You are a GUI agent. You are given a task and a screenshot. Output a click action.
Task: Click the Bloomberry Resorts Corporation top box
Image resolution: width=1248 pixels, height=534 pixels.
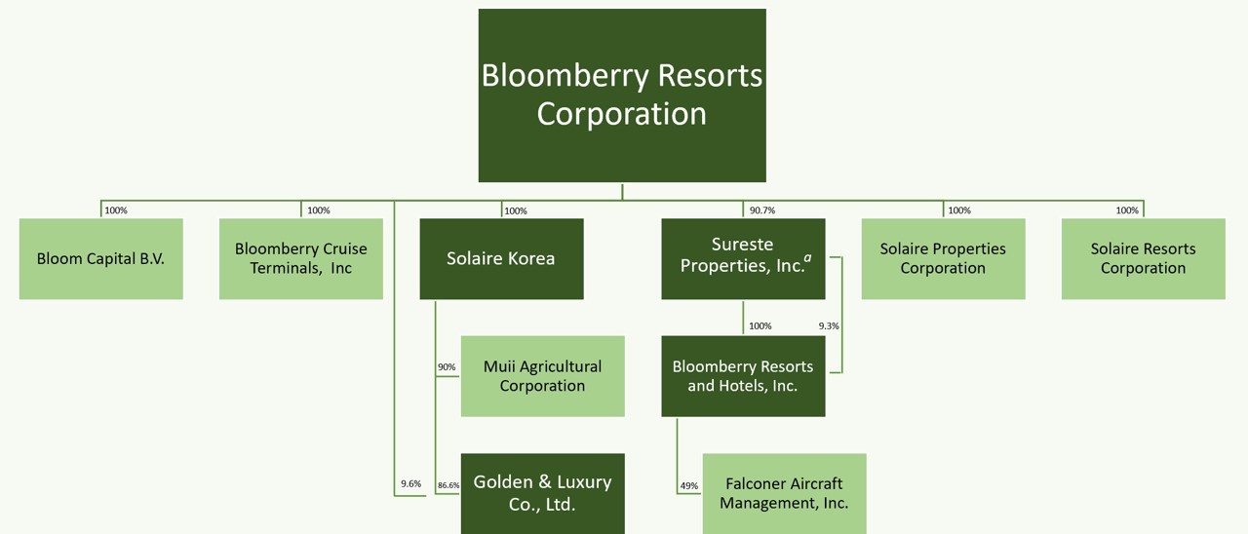[x=622, y=95]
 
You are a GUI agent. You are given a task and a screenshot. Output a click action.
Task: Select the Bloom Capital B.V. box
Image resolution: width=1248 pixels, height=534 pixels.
[x=100, y=258]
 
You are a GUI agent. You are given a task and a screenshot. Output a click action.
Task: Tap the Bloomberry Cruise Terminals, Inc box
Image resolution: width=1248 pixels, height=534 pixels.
[x=300, y=258]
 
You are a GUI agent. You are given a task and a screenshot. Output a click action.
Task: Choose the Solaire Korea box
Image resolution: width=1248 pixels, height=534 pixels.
[x=501, y=258]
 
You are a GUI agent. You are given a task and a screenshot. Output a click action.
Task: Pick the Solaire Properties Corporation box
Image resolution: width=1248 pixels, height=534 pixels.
[x=943, y=258]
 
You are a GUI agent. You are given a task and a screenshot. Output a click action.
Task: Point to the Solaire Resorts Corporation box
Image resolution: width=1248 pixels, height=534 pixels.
[x=1143, y=258]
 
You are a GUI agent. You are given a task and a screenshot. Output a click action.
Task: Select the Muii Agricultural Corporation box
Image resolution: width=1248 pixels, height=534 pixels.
[x=542, y=376]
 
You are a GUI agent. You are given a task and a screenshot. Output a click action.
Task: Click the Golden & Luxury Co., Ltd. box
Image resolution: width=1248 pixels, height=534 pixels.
[x=542, y=493]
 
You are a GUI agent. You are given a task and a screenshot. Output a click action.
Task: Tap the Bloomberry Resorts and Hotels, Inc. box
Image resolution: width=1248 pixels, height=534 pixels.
[x=743, y=376]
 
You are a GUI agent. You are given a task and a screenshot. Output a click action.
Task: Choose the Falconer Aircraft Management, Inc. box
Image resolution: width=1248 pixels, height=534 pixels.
[x=784, y=493]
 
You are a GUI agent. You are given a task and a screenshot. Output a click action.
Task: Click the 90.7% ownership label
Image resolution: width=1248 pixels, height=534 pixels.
[x=762, y=210]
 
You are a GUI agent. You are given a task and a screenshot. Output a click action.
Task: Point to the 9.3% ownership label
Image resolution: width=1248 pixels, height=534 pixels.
[x=829, y=325]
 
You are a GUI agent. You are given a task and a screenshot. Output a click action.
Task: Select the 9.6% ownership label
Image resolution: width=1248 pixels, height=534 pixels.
[x=410, y=483]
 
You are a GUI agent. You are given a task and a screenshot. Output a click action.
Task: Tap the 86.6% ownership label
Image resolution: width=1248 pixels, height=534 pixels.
[x=448, y=484]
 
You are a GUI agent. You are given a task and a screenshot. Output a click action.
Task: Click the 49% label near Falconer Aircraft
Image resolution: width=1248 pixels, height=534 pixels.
[x=689, y=485]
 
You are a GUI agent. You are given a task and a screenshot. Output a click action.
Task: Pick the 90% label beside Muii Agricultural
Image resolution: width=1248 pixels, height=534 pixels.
[x=447, y=367]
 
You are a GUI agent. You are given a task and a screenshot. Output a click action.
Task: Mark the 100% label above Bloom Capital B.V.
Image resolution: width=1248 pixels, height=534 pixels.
[x=116, y=210]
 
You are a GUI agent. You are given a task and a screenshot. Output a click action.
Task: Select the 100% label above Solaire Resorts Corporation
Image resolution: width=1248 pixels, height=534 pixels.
[x=1127, y=210]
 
